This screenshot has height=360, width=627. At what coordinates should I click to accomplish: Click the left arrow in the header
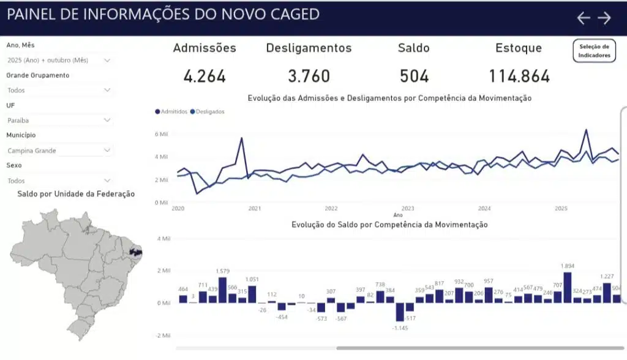[584, 18]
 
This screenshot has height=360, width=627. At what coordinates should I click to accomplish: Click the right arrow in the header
[604, 18]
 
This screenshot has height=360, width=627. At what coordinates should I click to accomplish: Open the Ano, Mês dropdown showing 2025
[59, 61]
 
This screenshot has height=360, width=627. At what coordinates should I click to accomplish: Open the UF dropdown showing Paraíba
[59, 121]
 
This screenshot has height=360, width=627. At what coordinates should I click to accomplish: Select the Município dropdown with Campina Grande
[59, 151]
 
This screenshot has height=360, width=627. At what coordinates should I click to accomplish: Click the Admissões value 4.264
[205, 77]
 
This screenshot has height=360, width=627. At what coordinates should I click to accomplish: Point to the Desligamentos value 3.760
[309, 77]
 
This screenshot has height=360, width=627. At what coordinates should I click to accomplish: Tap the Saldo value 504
[413, 77]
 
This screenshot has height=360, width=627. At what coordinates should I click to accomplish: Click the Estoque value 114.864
[519, 77]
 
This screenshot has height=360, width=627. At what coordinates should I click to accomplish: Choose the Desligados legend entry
[208, 112]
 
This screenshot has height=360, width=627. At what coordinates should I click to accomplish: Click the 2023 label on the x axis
[408, 209]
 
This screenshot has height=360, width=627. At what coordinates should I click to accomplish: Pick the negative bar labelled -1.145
[400, 312]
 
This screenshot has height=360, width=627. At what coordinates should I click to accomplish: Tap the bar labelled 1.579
[222, 290]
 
